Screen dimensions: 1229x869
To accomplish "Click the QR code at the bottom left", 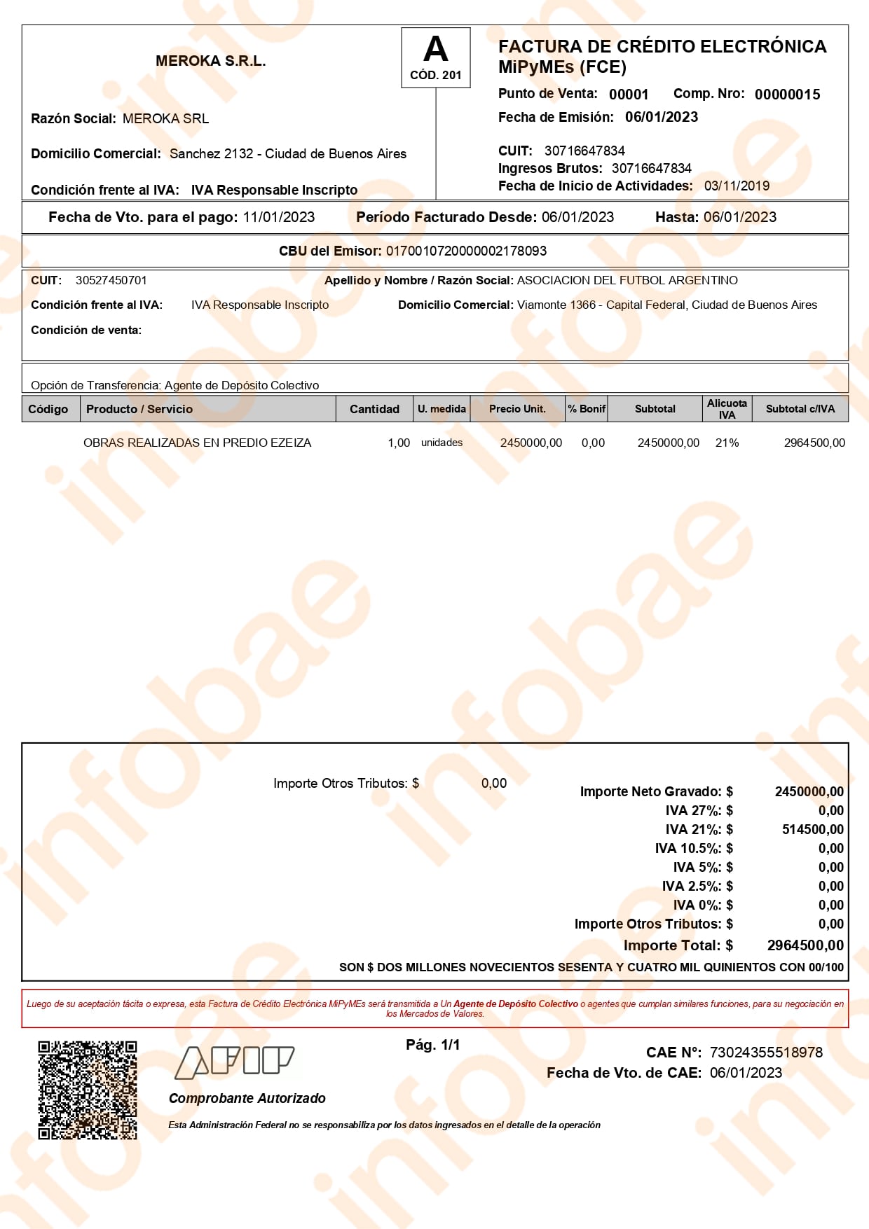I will click(88, 1090).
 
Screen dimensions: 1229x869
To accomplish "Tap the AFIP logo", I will click(234, 1062).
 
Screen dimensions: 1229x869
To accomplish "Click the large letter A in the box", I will click(435, 50).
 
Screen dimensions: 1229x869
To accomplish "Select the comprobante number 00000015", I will click(787, 95).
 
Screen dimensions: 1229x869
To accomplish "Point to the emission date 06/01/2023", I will click(662, 117).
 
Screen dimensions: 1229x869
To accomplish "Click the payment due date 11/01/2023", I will click(279, 217).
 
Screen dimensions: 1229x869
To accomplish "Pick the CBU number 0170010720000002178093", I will click(466, 251).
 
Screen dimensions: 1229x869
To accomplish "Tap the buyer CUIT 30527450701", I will click(111, 280).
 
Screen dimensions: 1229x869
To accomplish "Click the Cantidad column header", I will click(374, 409).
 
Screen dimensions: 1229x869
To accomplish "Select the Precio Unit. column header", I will click(517, 409).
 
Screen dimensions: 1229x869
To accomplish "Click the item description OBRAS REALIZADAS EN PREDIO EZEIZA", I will click(197, 443).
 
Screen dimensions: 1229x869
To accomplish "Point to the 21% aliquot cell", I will click(727, 443).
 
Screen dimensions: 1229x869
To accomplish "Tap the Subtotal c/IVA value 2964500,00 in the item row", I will click(814, 443).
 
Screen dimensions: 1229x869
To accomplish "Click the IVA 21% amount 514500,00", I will click(812, 829).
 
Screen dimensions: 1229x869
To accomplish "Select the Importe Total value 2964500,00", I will click(805, 945).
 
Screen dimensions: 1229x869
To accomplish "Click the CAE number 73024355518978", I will click(766, 1053).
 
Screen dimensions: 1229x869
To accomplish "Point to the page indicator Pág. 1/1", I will click(433, 1045).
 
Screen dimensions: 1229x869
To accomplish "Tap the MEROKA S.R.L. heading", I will click(210, 61).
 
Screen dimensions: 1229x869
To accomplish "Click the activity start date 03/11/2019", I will click(737, 186).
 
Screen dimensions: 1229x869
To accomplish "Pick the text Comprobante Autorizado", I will click(247, 1098).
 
